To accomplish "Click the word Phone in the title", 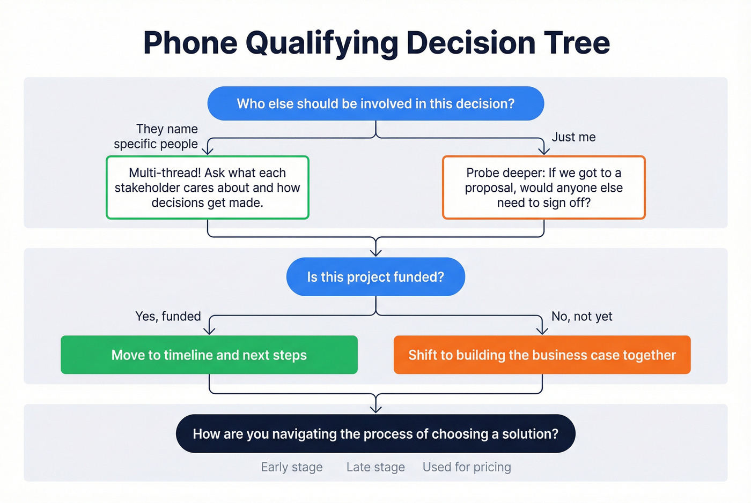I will tap(190, 43).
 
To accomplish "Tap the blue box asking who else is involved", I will tap(376, 103).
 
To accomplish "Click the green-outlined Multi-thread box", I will tap(208, 187).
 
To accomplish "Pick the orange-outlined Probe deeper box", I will tap(543, 187).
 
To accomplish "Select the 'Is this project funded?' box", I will tap(376, 276).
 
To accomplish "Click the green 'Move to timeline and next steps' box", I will tap(209, 355).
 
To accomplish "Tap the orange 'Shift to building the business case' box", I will tap(542, 355).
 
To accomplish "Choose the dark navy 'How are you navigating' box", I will tap(376, 433).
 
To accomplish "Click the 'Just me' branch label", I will tap(573, 137).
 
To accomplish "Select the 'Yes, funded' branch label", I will tap(168, 316).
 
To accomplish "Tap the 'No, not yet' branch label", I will tap(581, 316).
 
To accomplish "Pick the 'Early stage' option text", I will tap(292, 467).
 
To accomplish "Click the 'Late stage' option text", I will tap(376, 467).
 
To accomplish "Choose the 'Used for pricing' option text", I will tap(467, 467).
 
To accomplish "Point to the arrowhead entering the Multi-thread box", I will tap(208, 151).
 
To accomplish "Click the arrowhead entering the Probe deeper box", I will tap(543, 151).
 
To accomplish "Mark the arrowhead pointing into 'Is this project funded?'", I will tap(376, 252).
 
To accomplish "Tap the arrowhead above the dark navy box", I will tap(376, 409).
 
